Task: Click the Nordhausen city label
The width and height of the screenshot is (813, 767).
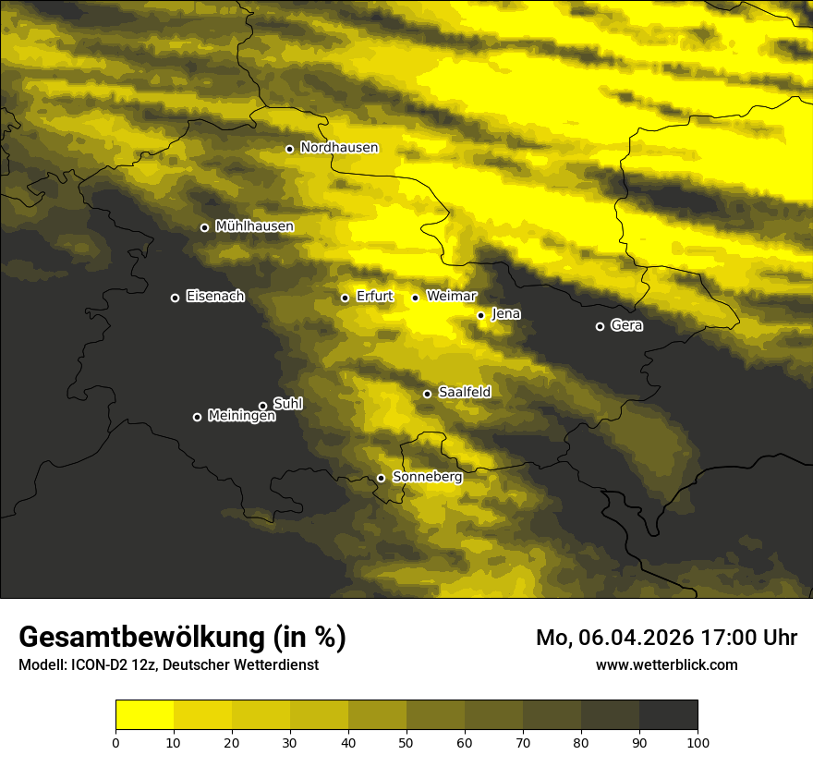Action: (x=339, y=147)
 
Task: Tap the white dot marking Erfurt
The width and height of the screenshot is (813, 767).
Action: (x=345, y=298)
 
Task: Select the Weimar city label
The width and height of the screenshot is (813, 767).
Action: (x=451, y=296)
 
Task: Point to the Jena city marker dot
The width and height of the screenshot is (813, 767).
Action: (x=480, y=315)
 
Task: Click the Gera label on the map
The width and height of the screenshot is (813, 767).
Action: (x=626, y=325)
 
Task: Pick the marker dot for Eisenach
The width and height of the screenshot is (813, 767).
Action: (x=175, y=298)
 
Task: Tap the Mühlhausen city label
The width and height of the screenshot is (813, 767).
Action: (x=254, y=225)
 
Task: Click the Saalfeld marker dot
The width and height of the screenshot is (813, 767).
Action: (x=427, y=394)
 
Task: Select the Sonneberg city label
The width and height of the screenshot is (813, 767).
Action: (x=427, y=477)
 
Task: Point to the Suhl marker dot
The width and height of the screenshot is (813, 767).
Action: (x=262, y=406)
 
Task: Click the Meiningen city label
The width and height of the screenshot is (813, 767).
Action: (x=241, y=416)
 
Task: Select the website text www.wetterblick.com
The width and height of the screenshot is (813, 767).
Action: (x=666, y=664)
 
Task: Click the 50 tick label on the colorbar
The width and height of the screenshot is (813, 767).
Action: (x=406, y=742)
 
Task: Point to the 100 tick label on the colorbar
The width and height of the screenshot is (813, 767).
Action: (x=698, y=742)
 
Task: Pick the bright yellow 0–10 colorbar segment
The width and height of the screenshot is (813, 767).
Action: (x=144, y=715)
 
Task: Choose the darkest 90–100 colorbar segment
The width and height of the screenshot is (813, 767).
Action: (x=668, y=715)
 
